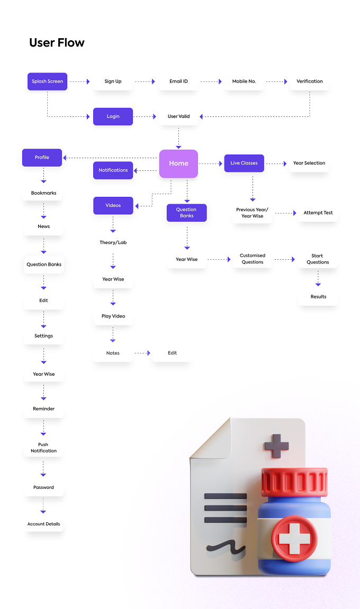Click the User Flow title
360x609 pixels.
pyautogui.click(x=57, y=42)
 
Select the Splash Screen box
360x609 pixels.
pyautogui.click(x=48, y=81)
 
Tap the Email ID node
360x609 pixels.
pyautogui.click(x=178, y=81)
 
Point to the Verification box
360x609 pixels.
pyautogui.click(x=310, y=81)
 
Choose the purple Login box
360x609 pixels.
pyautogui.click(x=113, y=116)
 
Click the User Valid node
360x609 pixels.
pyautogui.click(x=179, y=116)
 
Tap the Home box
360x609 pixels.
pyautogui.click(x=178, y=163)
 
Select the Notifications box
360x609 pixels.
pyautogui.click(x=113, y=170)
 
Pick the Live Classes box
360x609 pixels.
pyautogui.click(x=244, y=163)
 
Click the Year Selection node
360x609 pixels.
pyautogui.click(x=309, y=163)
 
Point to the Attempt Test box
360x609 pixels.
pyautogui.click(x=318, y=213)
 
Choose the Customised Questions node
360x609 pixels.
pyautogui.click(x=253, y=259)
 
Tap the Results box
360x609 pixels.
pyautogui.click(x=318, y=297)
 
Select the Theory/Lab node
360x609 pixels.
pyautogui.click(x=113, y=242)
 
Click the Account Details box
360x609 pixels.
pyautogui.click(x=43, y=524)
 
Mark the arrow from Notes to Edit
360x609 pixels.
pyautogui.click(x=142, y=353)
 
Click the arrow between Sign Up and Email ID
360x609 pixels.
pyautogui.click(x=145, y=81)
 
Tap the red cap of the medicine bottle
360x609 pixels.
pyautogui.click(x=294, y=482)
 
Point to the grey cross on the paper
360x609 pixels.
pyautogui.click(x=276, y=446)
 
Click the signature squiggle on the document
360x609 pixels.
pyautogui.click(x=226, y=547)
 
